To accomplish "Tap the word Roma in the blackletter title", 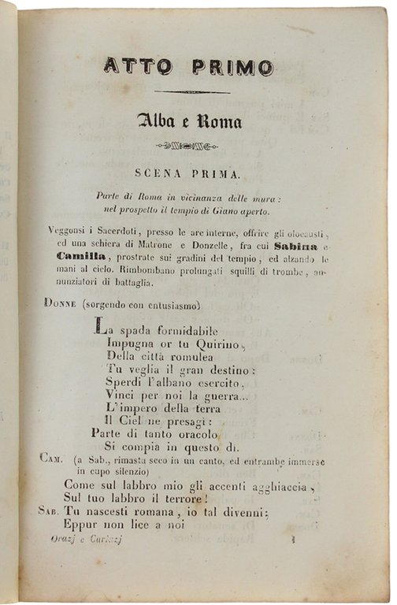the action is point(218,121).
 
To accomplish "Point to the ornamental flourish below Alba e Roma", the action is point(187,146).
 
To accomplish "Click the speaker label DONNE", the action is point(60,302).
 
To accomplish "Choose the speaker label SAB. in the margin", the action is point(50,510).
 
